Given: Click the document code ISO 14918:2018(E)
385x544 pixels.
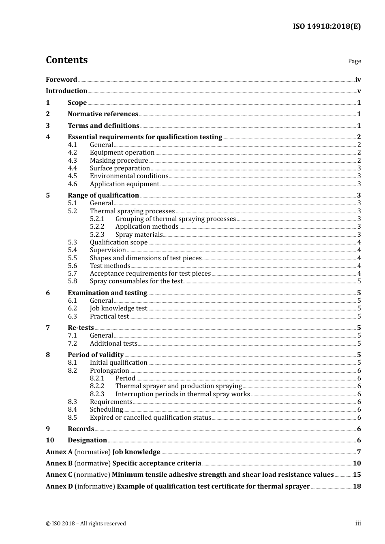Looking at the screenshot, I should (327, 26).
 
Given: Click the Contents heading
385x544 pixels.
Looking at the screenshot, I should (66, 60).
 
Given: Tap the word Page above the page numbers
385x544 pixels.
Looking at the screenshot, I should (354, 61).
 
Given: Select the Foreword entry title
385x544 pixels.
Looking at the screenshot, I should (61, 80).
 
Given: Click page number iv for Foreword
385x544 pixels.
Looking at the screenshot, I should (358, 80).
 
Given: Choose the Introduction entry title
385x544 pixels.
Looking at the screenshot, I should (66, 91).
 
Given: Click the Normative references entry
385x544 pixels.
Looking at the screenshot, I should (103, 114).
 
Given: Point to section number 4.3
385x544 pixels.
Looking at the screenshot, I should (72, 161).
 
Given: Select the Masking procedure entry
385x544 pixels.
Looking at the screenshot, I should (119, 161).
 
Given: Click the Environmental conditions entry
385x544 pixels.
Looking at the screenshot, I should (129, 176).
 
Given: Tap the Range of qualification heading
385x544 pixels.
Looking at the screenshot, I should (103, 195).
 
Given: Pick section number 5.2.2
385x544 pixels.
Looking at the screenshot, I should (97, 227).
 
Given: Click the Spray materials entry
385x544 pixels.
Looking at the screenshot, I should (139, 235).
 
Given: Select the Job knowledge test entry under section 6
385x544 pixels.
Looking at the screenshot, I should (118, 308).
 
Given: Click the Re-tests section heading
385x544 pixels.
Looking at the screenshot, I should (81, 328).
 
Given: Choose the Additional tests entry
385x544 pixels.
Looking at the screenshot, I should (113, 344).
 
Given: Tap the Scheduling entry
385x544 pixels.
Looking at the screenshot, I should (106, 410).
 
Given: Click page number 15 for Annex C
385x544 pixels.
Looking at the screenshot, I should (357, 475).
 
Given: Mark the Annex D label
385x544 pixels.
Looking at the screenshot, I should (59, 487).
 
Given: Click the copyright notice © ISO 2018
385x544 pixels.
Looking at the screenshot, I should (86, 524).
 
